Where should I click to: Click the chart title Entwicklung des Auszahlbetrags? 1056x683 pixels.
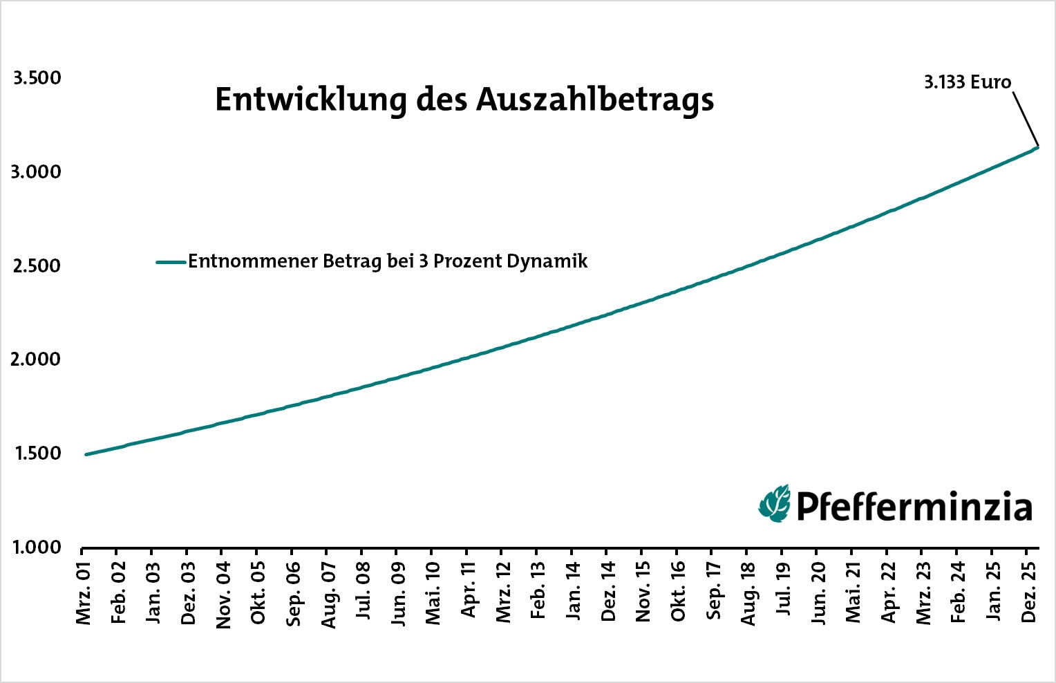click(464, 100)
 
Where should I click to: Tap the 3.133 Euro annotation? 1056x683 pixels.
click(967, 82)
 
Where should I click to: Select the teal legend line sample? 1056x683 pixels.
click(171, 262)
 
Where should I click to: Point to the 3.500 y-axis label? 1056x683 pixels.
click(37, 78)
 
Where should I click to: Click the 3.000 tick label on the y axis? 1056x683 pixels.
click(36, 171)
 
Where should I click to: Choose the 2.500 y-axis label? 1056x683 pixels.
click(37, 265)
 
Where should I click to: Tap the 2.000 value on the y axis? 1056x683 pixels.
click(37, 359)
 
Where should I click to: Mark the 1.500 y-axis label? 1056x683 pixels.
click(37, 453)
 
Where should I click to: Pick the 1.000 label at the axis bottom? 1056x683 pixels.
click(37, 548)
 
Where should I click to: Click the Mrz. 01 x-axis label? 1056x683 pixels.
click(84, 595)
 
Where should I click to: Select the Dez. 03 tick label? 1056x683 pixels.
click(188, 595)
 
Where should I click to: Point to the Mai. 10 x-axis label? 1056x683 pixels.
click(433, 595)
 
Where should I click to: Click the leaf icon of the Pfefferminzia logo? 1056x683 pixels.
click(775, 503)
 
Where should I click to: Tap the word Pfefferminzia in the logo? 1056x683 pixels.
click(914, 506)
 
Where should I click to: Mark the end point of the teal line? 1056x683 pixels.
click(1037, 147)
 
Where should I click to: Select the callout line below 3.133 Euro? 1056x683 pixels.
click(1026, 118)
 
